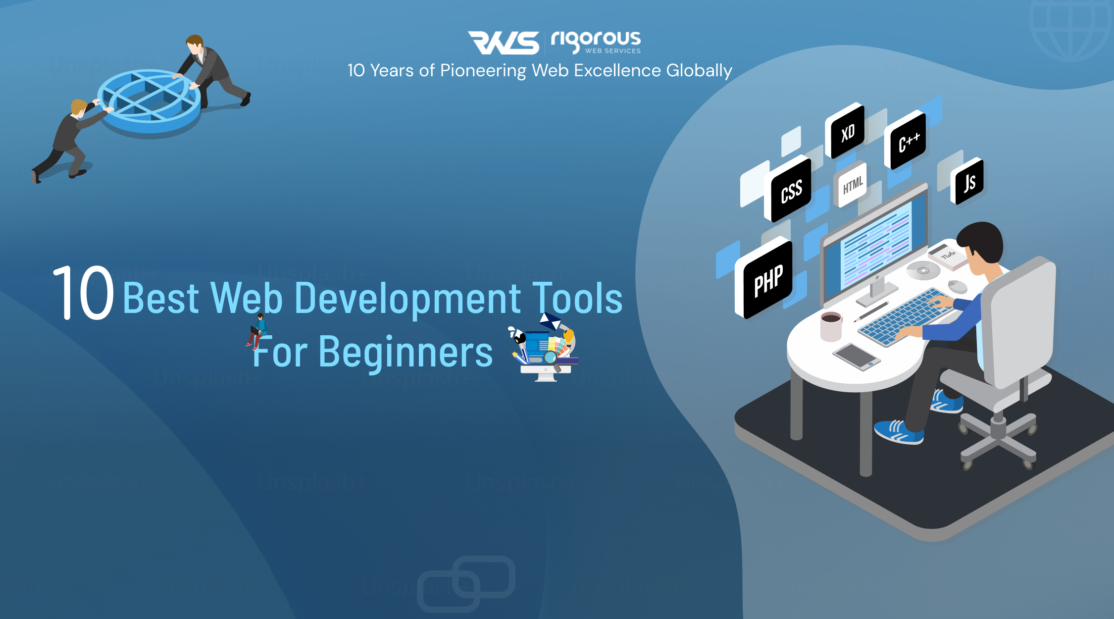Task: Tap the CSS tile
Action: pos(791,191)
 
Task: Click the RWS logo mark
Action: pos(504,43)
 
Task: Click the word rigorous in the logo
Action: pos(596,40)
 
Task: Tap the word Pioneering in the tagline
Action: pos(483,71)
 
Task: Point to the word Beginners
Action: pos(405,352)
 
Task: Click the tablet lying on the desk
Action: pos(856,356)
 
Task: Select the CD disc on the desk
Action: pos(923,270)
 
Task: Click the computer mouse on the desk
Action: pos(958,286)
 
